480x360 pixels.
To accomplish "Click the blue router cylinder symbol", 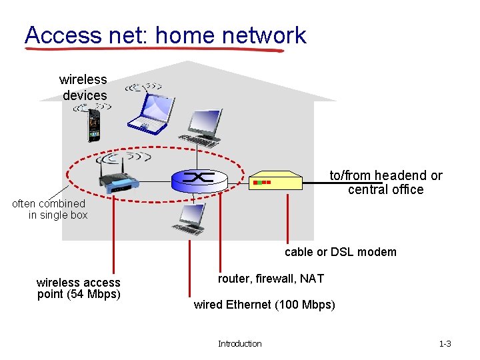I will pos(198,178).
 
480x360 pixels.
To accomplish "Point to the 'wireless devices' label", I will pos(83,87).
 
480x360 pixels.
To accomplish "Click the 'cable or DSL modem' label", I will pos(340,252).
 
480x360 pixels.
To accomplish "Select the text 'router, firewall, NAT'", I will pos(271,279).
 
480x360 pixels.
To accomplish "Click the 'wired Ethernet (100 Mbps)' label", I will pos(264,305).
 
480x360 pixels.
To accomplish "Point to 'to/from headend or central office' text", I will pos(385,182).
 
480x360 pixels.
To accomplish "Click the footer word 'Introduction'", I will pos(239,343).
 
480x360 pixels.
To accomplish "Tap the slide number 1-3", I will pos(445,343).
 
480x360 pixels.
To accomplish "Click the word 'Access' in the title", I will pos(61,35).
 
